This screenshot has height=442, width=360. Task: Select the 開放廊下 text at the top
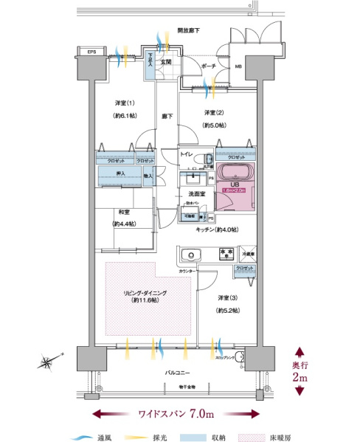click(x=188, y=31)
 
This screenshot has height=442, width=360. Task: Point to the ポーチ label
click(x=208, y=65)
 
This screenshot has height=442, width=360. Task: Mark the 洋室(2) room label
click(x=215, y=113)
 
